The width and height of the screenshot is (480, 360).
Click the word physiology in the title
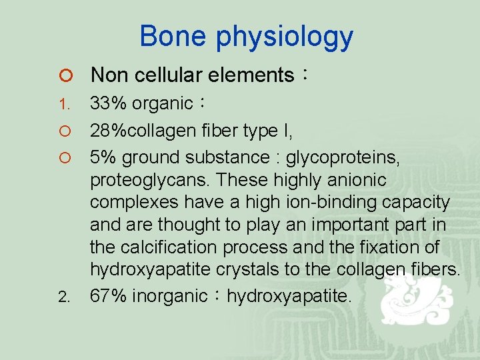tap(284, 37)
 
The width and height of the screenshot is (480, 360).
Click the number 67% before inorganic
tap(109, 295)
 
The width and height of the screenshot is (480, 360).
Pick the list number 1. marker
tap(63, 105)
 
